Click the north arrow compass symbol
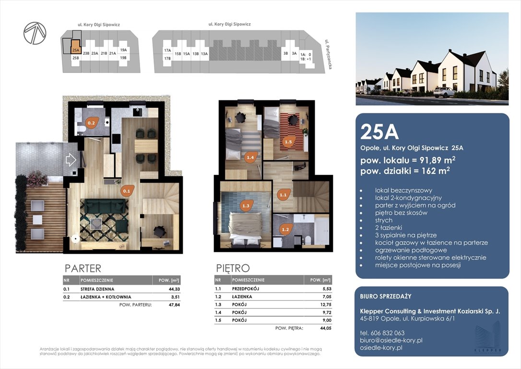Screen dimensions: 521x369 35,33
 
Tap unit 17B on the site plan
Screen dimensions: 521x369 167,59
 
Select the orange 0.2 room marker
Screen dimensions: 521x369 92,123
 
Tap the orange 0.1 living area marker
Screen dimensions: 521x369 127,191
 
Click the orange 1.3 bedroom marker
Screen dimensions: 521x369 246,206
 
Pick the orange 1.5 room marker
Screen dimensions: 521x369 288,142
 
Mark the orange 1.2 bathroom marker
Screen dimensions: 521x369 285,229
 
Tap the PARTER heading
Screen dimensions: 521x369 83,268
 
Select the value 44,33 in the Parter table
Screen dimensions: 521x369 174,289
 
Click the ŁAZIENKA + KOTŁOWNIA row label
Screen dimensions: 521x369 106,297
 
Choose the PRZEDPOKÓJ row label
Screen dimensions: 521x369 246,289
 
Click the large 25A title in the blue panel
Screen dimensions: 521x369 379,132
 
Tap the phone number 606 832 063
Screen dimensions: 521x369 382,333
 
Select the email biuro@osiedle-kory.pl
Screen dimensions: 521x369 391,340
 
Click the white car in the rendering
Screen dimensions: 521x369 444,92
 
